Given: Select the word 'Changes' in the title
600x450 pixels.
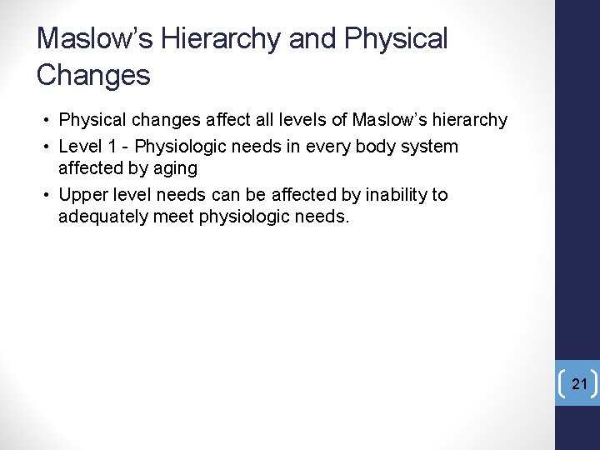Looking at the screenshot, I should [93, 76].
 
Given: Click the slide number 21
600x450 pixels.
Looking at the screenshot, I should [580, 384].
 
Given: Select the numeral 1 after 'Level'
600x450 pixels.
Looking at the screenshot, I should [111, 147].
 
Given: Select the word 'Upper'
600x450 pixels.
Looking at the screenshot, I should [82, 195].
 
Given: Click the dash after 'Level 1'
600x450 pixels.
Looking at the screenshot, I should [125, 147].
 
